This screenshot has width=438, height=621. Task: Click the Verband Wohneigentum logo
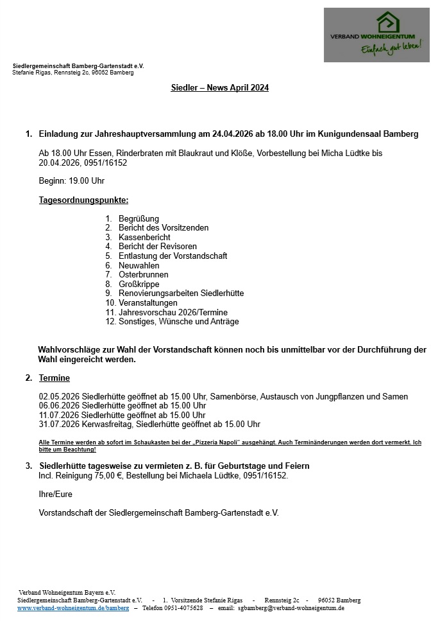pyautogui.click(x=376, y=35)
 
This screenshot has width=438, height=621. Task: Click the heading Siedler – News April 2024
pyautogui.click(x=220, y=88)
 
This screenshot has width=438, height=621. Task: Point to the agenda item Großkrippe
pyautogui.click(x=139, y=284)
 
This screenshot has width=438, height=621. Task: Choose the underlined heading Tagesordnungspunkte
pyautogui.click(x=83, y=200)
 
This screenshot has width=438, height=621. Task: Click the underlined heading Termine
pyautogui.click(x=55, y=378)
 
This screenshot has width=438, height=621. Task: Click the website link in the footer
pyautogui.click(x=73, y=608)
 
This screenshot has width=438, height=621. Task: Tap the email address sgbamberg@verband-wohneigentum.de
pyautogui.click(x=291, y=608)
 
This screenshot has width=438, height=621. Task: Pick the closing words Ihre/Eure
pyautogui.click(x=56, y=494)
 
